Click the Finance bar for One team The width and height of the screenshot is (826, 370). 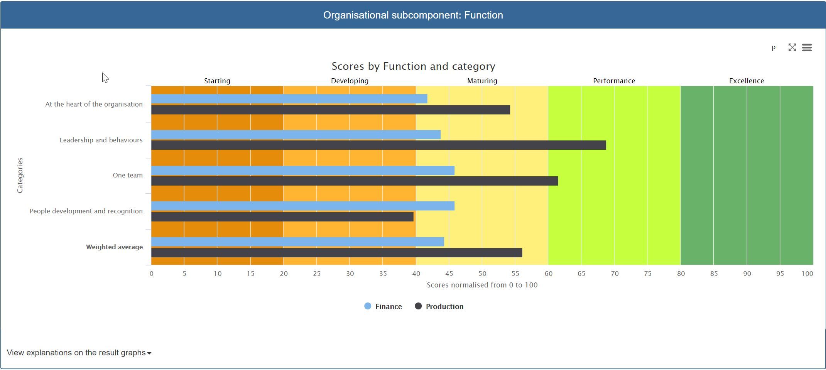tap(303, 171)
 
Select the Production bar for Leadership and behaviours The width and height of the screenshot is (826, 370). tap(378, 145)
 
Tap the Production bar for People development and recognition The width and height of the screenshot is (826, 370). tap(282, 217)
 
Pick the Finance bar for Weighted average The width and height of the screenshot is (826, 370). tap(297, 242)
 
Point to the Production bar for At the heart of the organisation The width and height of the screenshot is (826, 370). tap(331, 110)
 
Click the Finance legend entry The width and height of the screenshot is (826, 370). tap(383, 306)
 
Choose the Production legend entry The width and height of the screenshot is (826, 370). tap(439, 306)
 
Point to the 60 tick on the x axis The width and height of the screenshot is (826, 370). tap(548, 274)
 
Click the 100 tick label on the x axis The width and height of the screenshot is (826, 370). tap(807, 274)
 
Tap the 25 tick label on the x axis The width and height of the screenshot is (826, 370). tap(317, 274)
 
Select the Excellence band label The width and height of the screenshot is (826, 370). tap(747, 81)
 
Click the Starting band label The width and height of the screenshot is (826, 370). tap(217, 81)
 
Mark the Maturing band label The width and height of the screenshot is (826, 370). tap(482, 81)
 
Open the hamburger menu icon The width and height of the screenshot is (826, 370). tap(807, 47)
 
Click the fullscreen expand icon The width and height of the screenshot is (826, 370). tap(792, 47)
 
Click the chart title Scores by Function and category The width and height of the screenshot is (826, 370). tap(413, 66)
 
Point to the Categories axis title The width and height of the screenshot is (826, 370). tap(20, 175)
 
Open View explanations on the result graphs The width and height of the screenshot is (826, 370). tap(79, 353)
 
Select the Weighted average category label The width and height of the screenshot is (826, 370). tap(114, 247)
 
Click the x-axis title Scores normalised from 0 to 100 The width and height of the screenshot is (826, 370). tap(482, 285)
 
